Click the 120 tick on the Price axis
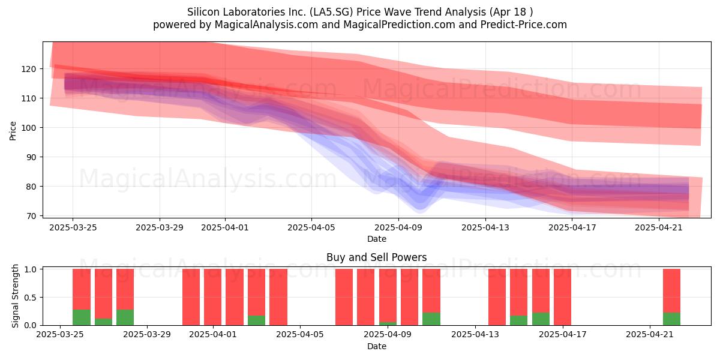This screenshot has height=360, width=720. point(29,69)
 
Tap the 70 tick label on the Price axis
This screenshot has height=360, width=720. point(31,216)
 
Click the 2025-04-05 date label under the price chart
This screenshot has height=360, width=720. point(311,227)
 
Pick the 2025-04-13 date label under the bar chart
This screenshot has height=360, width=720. point(475,334)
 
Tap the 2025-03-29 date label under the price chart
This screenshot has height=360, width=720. point(160,227)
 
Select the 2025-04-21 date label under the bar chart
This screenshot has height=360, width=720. point(650,334)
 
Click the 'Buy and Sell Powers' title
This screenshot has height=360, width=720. point(376,257)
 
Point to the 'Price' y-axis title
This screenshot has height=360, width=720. point(13,131)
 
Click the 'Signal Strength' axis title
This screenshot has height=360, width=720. point(15,296)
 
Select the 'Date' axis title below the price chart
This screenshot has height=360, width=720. point(377,239)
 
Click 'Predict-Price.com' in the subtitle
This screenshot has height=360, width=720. point(524,25)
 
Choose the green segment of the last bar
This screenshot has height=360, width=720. point(671,319)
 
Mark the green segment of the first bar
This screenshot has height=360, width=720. point(82,317)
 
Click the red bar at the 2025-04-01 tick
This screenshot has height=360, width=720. point(212,297)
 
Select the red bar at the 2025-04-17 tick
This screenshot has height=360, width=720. point(563,297)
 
